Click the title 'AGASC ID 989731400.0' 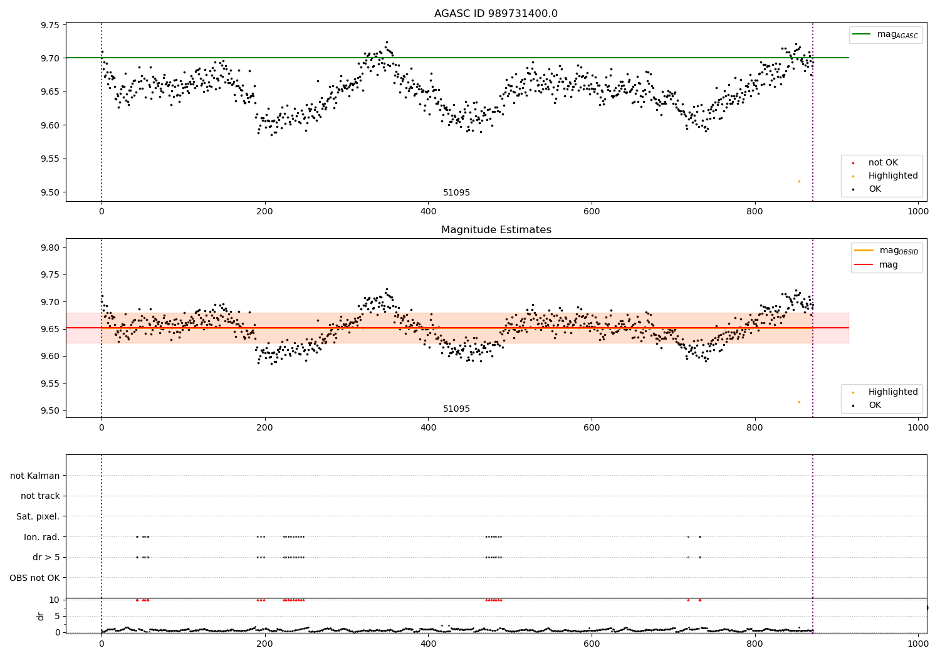[496, 14]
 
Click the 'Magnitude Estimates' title [496, 230]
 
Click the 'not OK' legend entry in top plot [882, 163]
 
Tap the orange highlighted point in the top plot [799, 181]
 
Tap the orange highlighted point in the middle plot [799, 402]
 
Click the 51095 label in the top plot [456, 193]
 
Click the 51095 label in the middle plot [456, 409]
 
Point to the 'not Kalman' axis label [35, 476]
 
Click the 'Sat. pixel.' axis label [38, 516]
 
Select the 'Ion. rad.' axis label [41, 537]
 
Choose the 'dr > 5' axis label [46, 557]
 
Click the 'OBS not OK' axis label [34, 578]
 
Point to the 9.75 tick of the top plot [50, 25]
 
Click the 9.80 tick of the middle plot [50, 248]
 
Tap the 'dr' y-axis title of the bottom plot [41, 616]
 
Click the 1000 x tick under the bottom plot [917, 644]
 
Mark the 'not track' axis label [40, 496]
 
